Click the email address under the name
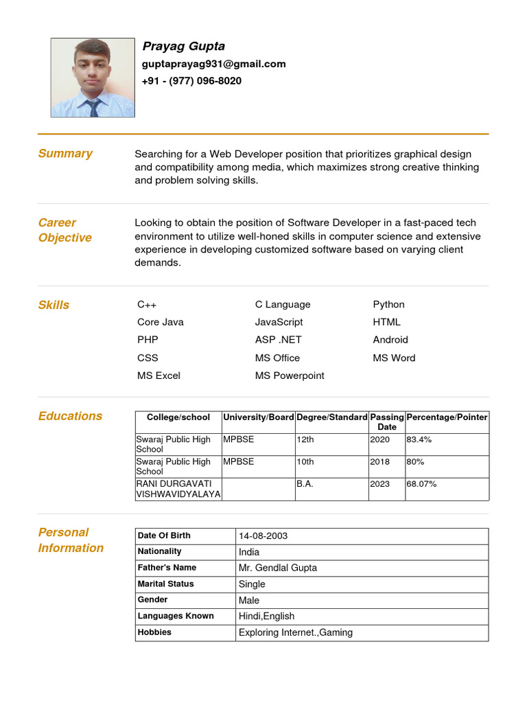(213, 64)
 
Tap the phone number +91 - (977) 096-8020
(191, 81)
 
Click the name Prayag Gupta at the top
(183, 46)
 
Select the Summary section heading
(65, 153)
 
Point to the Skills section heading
(54, 305)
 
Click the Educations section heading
(70, 415)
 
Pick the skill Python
(388, 304)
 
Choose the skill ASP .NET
(278, 340)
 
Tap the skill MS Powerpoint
(290, 376)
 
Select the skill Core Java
(161, 322)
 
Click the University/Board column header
(259, 417)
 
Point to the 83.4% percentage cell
(419, 439)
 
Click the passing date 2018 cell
(379, 462)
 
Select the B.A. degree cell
(305, 484)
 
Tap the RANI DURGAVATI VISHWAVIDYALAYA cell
(178, 489)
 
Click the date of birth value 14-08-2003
(263, 535)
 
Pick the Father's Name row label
(167, 568)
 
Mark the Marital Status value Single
(252, 584)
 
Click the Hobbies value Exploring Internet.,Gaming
(295, 632)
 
